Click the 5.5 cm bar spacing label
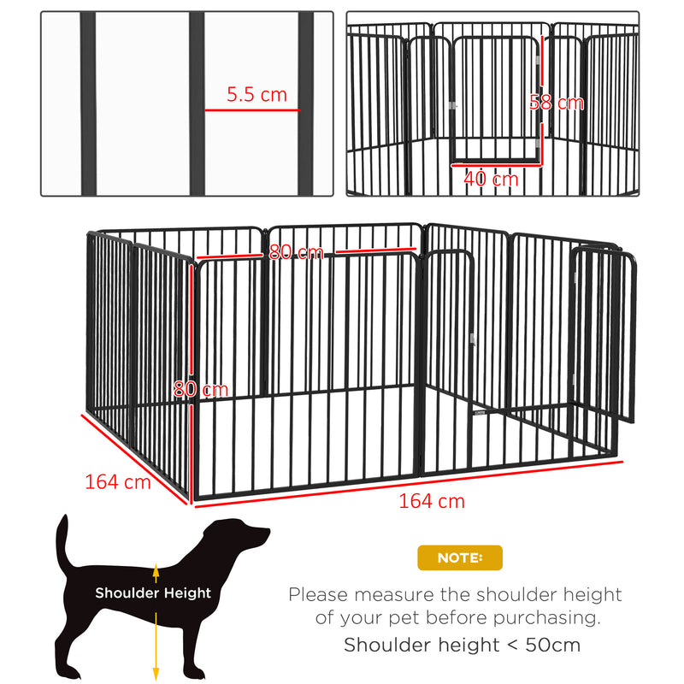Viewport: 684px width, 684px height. [x=256, y=95]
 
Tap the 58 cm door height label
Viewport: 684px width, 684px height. [x=556, y=103]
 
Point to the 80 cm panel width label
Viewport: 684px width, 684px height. [x=296, y=252]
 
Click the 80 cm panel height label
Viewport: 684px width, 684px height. [x=201, y=389]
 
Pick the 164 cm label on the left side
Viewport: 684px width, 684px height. [x=117, y=481]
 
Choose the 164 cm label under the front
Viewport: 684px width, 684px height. [x=432, y=501]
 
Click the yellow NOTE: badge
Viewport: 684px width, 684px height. [x=460, y=557]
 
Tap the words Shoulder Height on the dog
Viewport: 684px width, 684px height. [x=153, y=593]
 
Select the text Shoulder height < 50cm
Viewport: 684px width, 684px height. [x=462, y=645]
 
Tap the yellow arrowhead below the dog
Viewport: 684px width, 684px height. [x=156, y=674]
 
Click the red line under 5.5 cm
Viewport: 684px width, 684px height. [x=252, y=109]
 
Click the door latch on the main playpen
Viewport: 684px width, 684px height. [x=470, y=341]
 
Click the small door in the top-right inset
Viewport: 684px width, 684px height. [x=496, y=98]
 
